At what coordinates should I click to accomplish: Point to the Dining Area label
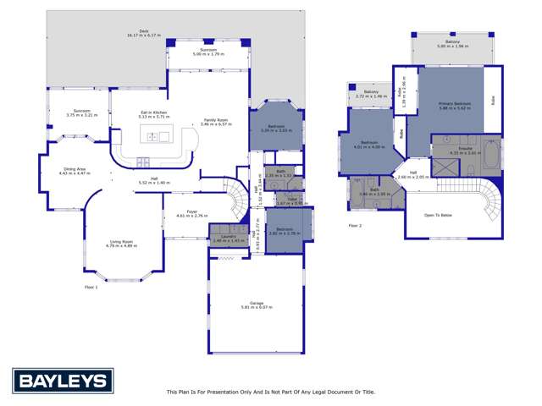click(75, 171)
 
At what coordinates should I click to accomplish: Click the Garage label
click(257, 304)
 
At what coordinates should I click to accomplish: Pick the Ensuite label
click(465, 150)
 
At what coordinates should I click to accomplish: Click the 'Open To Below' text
click(438, 215)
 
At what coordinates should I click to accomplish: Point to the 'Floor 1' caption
click(91, 288)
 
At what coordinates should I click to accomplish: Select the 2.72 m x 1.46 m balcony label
click(371, 95)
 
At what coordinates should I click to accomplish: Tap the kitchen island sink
click(162, 135)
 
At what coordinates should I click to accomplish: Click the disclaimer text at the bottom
click(270, 392)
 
